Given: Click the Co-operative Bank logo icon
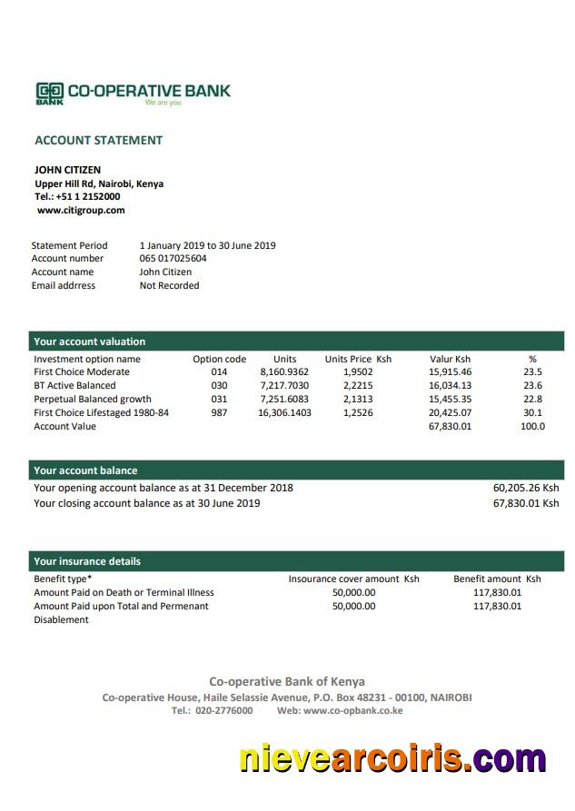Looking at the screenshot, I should (50, 92).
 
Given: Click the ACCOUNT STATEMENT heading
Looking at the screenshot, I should (98, 140).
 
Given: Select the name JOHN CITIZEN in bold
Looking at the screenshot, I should (67, 170).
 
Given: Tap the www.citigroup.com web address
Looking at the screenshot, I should (81, 210).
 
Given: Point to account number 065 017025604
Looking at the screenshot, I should (173, 259).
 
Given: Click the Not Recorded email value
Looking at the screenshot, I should (169, 285).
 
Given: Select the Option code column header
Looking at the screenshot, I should (219, 359).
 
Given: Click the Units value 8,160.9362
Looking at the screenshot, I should (284, 372).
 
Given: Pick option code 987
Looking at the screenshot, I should (219, 412).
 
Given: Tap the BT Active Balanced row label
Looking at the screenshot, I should (74, 386).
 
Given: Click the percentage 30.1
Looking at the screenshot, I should (532, 412).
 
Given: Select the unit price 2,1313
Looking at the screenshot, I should (358, 399).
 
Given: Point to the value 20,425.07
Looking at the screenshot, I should (450, 412).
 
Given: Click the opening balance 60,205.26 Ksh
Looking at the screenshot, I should (526, 488).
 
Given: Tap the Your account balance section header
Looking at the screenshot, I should (85, 470).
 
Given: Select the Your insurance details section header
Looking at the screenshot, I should (87, 561).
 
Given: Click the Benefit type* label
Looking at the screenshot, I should (63, 579).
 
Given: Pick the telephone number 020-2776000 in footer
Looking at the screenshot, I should (223, 710).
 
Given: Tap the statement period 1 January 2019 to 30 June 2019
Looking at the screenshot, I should (207, 245).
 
